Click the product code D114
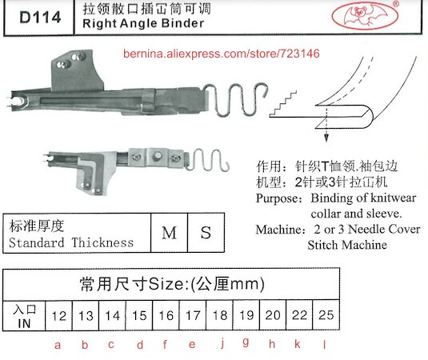(40, 17)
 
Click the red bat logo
(366, 15)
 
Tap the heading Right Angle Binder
(143, 23)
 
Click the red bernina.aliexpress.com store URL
(221, 54)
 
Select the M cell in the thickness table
(170, 233)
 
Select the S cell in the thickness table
(206, 233)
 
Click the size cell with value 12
(58, 316)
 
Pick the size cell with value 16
(166, 316)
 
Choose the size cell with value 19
(246, 316)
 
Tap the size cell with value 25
(326, 315)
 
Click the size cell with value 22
(299, 315)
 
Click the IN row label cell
(24, 316)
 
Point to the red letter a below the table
(58, 346)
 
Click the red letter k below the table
(298, 344)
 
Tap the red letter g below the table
(246, 342)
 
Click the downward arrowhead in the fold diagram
(326, 138)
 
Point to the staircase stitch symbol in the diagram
(282, 104)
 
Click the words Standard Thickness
(71, 242)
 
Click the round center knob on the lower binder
(158, 156)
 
